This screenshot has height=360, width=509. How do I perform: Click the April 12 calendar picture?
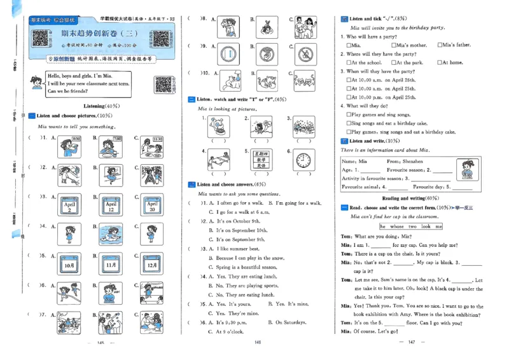tap(111, 205)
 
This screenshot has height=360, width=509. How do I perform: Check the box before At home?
tap(438, 63)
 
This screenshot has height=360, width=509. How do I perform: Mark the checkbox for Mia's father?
tap(440, 46)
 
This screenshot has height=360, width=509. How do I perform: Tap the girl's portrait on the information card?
tap(467, 173)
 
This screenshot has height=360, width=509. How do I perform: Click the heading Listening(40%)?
tap(102, 106)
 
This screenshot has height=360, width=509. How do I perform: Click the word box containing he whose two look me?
tap(414, 226)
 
